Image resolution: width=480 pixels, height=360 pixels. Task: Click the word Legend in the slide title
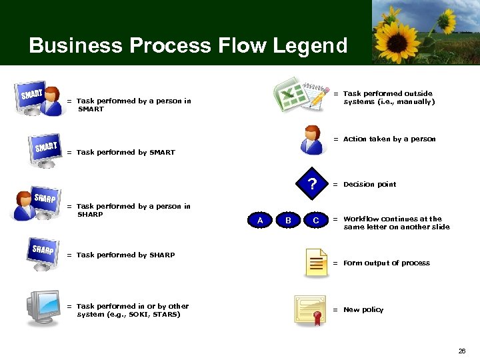click(x=310, y=45)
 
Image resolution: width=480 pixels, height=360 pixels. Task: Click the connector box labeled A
click(x=260, y=220)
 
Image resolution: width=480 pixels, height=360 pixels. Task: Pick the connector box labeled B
click(x=288, y=220)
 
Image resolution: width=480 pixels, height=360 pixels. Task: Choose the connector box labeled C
click(x=315, y=220)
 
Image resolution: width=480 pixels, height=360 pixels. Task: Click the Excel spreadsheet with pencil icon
click(x=302, y=96)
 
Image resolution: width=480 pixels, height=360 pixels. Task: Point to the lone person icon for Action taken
click(x=311, y=139)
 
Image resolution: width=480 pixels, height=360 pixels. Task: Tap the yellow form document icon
click(x=315, y=263)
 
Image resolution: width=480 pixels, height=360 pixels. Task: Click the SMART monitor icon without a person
click(x=46, y=150)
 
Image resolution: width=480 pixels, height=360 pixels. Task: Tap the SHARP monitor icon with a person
click(x=37, y=205)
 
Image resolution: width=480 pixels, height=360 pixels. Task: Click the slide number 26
click(x=462, y=351)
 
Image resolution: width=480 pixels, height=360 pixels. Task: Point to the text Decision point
click(x=369, y=185)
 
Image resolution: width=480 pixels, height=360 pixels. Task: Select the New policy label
click(x=363, y=309)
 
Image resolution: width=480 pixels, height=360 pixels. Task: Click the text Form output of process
click(x=386, y=263)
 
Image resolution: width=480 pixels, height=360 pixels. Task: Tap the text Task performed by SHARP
click(x=125, y=255)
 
